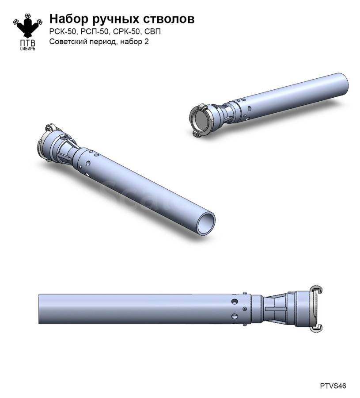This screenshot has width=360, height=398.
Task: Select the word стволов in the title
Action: [169, 19]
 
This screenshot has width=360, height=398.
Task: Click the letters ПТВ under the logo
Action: [28, 43]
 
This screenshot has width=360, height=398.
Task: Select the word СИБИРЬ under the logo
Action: [28, 49]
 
